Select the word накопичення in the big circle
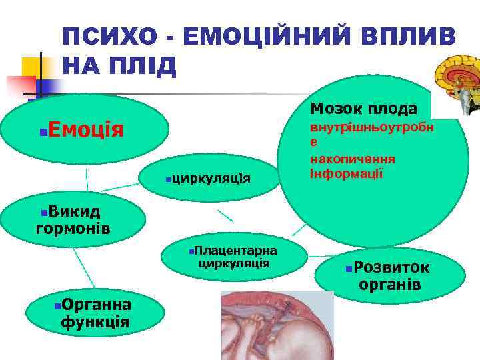click(x=352, y=159)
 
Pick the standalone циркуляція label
click(x=211, y=177)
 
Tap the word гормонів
click(x=73, y=229)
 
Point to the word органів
click(x=389, y=285)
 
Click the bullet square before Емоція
click(x=43, y=129)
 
